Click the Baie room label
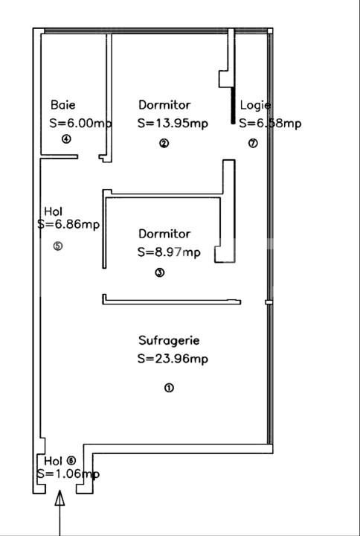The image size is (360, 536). (x=63, y=106)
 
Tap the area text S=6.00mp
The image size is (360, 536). (x=80, y=124)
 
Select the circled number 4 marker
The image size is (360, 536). (x=66, y=139)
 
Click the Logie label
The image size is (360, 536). (x=255, y=106)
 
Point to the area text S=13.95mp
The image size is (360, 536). (x=173, y=124)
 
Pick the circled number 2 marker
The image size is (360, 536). (x=164, y=144)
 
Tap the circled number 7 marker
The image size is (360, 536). (x=253, y=144)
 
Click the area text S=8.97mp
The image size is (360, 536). (x=169, y=252)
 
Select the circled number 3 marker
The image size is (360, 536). (x=159, y=272)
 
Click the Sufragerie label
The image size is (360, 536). (x=169, y=341)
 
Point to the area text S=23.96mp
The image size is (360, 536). (x=173, y=359)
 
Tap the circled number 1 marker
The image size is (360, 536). (x=169, y=388)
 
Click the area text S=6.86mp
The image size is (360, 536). (x=68, y=223)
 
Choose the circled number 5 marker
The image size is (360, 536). (x=59, y=246)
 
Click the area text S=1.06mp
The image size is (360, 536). (x=68, y=473)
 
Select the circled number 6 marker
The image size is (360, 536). (x=71, y=461)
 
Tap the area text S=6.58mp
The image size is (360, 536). (x=270, y=124)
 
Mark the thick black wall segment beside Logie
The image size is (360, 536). (x=234, y=107)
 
